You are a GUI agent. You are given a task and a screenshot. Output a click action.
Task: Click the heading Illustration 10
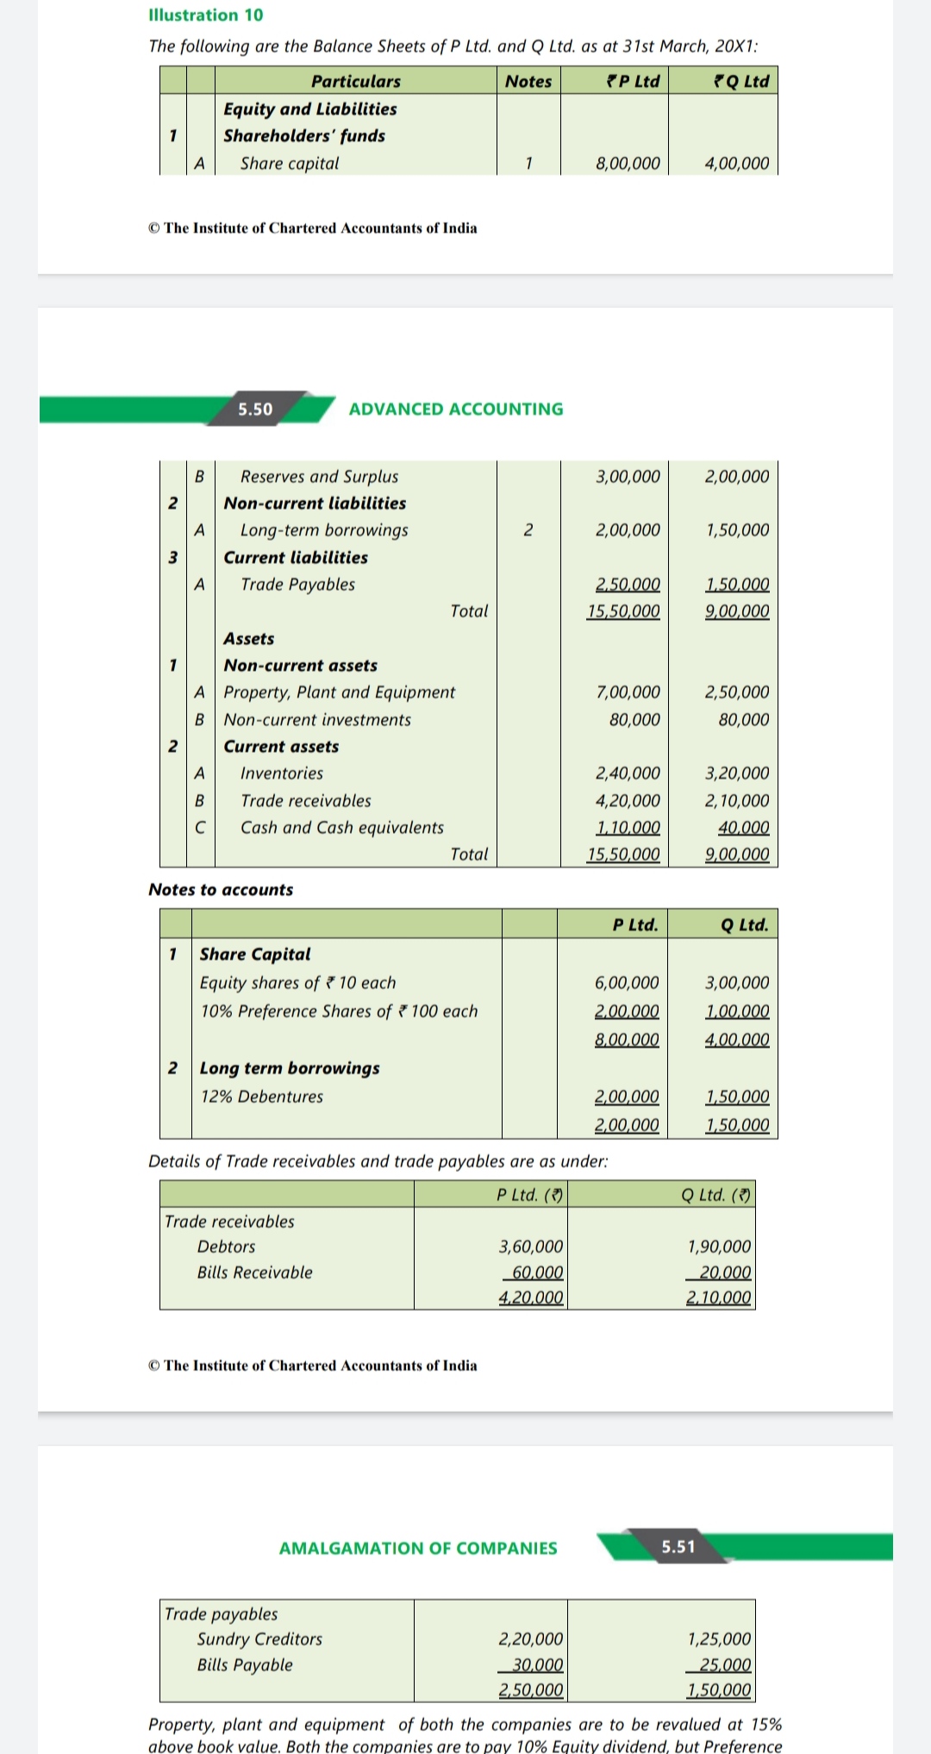click(206, 15)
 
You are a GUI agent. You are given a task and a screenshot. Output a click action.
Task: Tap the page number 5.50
click(255, 409)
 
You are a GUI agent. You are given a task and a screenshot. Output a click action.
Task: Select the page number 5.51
click(678, 1546)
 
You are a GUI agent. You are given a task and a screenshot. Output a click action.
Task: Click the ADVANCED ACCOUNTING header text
click(456, 409)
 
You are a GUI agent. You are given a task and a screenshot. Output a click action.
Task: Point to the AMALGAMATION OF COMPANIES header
click(418, 1548)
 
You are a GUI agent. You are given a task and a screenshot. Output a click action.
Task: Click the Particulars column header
click(356, 81)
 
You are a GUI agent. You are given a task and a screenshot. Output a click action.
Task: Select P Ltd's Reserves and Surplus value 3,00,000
click(628, 476)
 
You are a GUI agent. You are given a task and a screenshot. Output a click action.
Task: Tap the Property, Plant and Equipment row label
click(340, 692)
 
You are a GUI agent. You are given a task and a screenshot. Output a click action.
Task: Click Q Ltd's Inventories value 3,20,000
click(737, 774)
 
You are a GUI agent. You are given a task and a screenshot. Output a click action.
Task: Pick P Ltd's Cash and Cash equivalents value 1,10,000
click(628, 828)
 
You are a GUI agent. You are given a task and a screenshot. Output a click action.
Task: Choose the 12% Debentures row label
click(262, 1097)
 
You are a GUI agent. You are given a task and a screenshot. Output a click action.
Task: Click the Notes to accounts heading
click(221, 889)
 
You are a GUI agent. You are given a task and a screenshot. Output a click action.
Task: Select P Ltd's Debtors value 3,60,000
click(531, 1247)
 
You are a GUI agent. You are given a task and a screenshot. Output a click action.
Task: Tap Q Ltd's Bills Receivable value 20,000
click(725, 1273)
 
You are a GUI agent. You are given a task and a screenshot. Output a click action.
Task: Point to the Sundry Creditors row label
click(259, 1639)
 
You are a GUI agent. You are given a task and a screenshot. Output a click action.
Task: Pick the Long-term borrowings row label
click(324, 530)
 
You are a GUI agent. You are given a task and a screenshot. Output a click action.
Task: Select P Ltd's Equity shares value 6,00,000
click(627, 983)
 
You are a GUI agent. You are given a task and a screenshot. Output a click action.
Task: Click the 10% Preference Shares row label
click(339, 1012)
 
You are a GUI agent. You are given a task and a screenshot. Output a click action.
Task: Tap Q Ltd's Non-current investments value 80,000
click(744, 720)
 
